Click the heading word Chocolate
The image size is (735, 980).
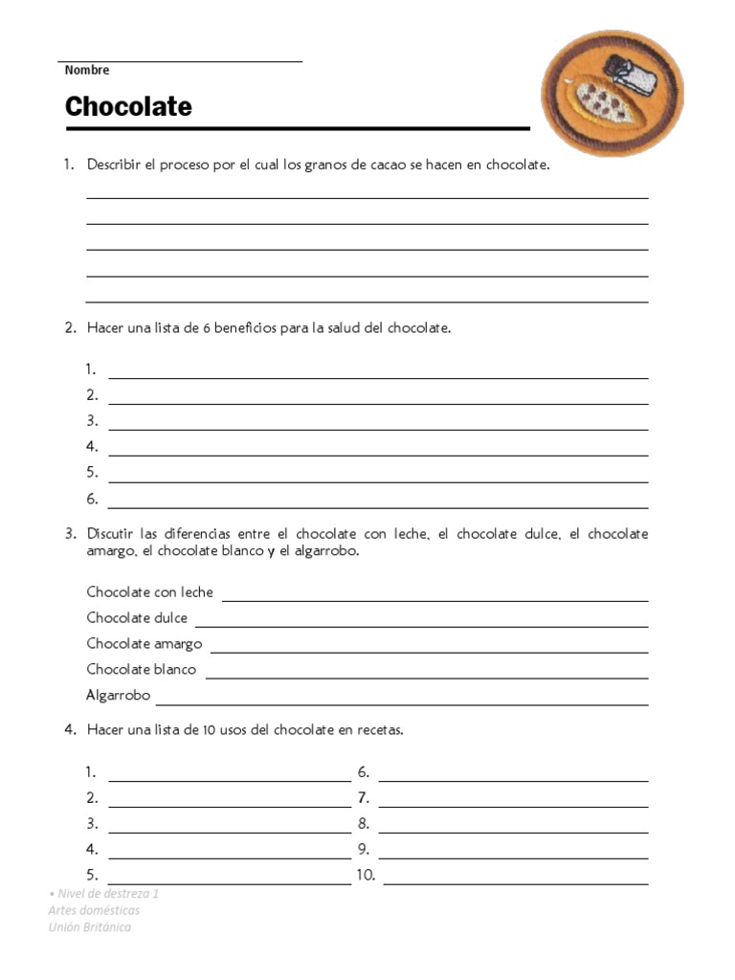pyautogui.click(x=128, y=106)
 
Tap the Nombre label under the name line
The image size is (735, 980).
pyautogui.click(x=87, y=70)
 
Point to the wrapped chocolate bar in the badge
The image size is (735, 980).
pyautogui.click(x=634, y=75)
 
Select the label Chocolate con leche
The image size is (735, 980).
pyautogui.click(x=150, y=592)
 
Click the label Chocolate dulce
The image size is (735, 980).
pyautogui.click(x=137, y=618)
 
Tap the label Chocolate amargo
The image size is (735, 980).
pyautogui.click(x=145, y=644)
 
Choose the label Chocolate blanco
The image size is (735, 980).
pyautogui.click(x=142, y=670)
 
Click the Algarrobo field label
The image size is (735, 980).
pyautogui.click(x=119, y=696)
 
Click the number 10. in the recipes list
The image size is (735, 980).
pyautogui.click(x=366, y=875)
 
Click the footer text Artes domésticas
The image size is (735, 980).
pyautogui.click(x=94, y=910)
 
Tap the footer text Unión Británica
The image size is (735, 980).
pyautogui.click(x=90, y=927)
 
